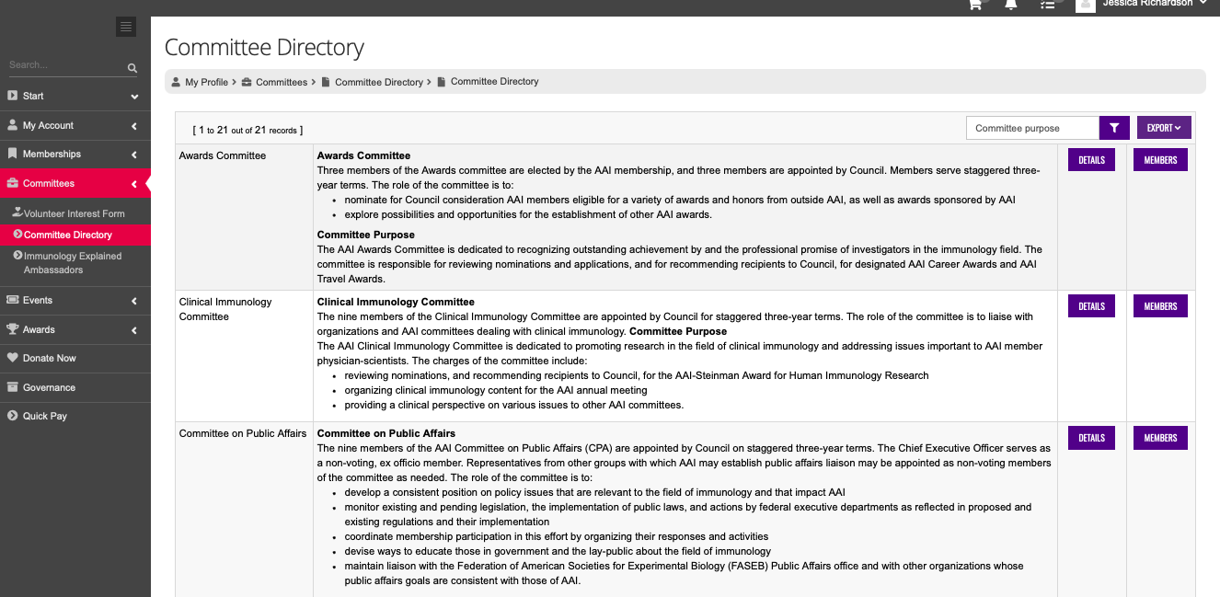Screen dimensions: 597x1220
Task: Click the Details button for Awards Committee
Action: [x=1091, y=160]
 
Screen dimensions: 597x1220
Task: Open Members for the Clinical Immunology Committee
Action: [x=1160, y=306]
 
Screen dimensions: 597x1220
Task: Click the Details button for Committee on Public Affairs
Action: [x=1091, y=438]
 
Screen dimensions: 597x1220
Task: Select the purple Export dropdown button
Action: [x=1164, y=128]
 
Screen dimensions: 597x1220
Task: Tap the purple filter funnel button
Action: [x=1114, y=128]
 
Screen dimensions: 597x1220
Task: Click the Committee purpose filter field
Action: [x=1032, y=128]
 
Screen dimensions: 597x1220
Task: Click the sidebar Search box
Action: [x=66, y=65]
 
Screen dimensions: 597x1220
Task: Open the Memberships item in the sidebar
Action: [x=52, y=154]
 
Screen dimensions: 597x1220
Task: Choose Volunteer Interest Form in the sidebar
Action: [x=75, y=213]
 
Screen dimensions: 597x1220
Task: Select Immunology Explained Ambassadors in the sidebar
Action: [x=73, y=263]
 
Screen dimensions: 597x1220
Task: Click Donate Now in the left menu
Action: [x=50, y=358]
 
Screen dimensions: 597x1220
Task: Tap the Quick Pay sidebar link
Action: [x=45, y=416]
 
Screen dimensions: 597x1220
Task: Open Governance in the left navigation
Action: [x=49, y=387]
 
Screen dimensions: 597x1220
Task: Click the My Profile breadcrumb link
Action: [x=206, y=82]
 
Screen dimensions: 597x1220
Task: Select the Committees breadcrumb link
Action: [x=282, y=82]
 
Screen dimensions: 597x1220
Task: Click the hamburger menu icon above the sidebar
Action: [x=126, y=27]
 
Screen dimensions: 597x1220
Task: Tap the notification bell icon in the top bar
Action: [x=1011, y=5]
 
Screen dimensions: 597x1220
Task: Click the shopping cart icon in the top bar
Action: [x=975, y=5]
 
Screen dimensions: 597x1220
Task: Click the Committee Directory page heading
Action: [x=264, y=47]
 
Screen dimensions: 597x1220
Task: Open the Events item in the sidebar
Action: [x=38, y=300]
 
